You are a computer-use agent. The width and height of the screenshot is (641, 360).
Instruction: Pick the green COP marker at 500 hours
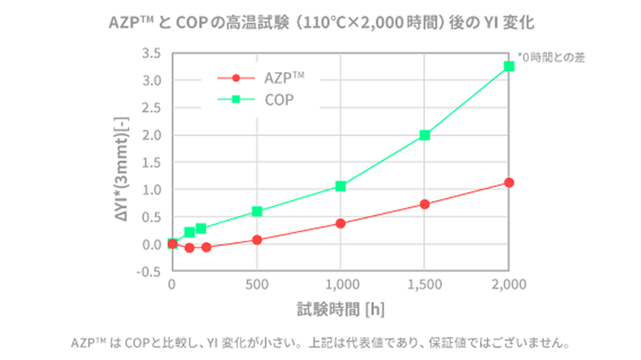tap(257, 211)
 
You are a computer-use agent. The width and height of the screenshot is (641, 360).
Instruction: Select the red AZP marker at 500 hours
tap(257, 240)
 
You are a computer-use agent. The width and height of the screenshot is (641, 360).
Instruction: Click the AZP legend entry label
tap(284, 78)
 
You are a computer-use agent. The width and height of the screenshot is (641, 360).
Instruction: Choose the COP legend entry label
tap(279, 100)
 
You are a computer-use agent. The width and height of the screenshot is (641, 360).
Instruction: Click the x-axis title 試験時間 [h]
tap(341, 309)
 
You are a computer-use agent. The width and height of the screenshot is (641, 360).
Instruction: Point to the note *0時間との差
tap(551, 57)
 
